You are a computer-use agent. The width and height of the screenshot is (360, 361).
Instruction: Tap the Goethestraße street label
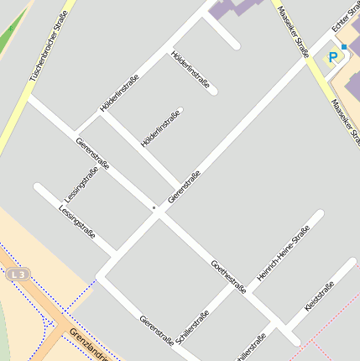click(228, 276)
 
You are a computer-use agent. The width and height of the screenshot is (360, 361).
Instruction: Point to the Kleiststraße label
click(320, 298)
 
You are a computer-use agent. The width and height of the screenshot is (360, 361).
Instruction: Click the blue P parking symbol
click(333, 57)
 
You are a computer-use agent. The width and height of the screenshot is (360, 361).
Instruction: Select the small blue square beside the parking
click(343, 47)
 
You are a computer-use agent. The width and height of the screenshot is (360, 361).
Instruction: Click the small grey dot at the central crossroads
click(154, 207)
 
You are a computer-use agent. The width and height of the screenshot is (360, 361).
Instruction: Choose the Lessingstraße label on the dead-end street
click(77, 221)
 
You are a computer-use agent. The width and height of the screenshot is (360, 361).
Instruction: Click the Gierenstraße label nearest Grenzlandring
click(157, 331)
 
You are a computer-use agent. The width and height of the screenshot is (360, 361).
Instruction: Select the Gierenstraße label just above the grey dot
click(184, 187)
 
